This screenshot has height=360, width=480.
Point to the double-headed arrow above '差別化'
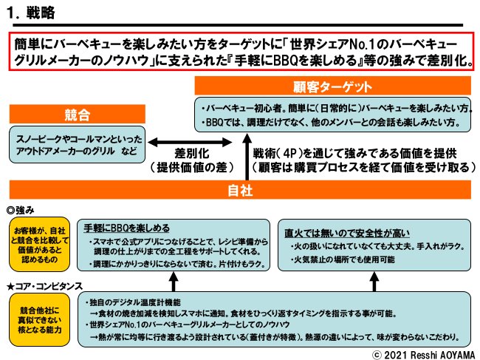(x=174, y=142)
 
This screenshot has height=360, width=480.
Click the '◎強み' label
(x=21, y=209)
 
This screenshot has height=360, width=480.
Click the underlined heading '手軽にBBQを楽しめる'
(x=127, y=227)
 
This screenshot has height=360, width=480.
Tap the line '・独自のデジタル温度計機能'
(x=137, y=302)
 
